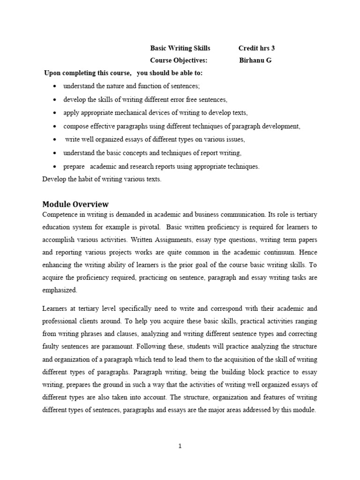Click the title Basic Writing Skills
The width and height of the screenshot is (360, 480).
pos(180,48)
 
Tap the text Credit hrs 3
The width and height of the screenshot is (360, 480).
pos(256,48)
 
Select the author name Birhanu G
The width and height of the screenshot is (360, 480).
pos(255,60)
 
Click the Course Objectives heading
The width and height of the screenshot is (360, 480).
pos(178,60)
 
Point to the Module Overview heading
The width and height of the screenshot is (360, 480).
pos(75,204)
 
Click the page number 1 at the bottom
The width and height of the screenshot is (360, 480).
pos(180,446)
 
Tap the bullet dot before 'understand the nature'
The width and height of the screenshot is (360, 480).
pos(55,87)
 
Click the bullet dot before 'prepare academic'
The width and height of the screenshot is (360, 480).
pos(55,166)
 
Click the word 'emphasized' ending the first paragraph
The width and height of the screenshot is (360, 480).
pos(59,290)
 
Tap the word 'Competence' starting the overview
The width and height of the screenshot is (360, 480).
pos(59,215)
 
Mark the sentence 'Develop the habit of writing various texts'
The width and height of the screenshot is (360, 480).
pos(102,179)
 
